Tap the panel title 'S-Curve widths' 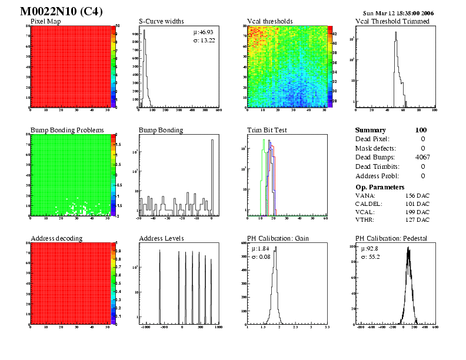pyautogui.click(x=162, y=21)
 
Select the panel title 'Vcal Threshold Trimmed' pyautogui.click(x=392, y=21)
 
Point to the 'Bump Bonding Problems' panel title pyautogui.click(x=67, y=129)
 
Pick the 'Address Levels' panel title pyautogui.click(x=161, y=238)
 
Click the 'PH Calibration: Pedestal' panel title pyautogui.click(x=391, y=238)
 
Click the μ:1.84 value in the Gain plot pyautogui.click(x=260, y=249)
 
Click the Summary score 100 pyautogui.click(x=420, y=130)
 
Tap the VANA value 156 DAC pyautogui.click(x=418, y=195)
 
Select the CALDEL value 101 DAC pyautogui.click(x=418, y=204)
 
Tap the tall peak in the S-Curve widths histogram pyautogui.click(x=144, y=35)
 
